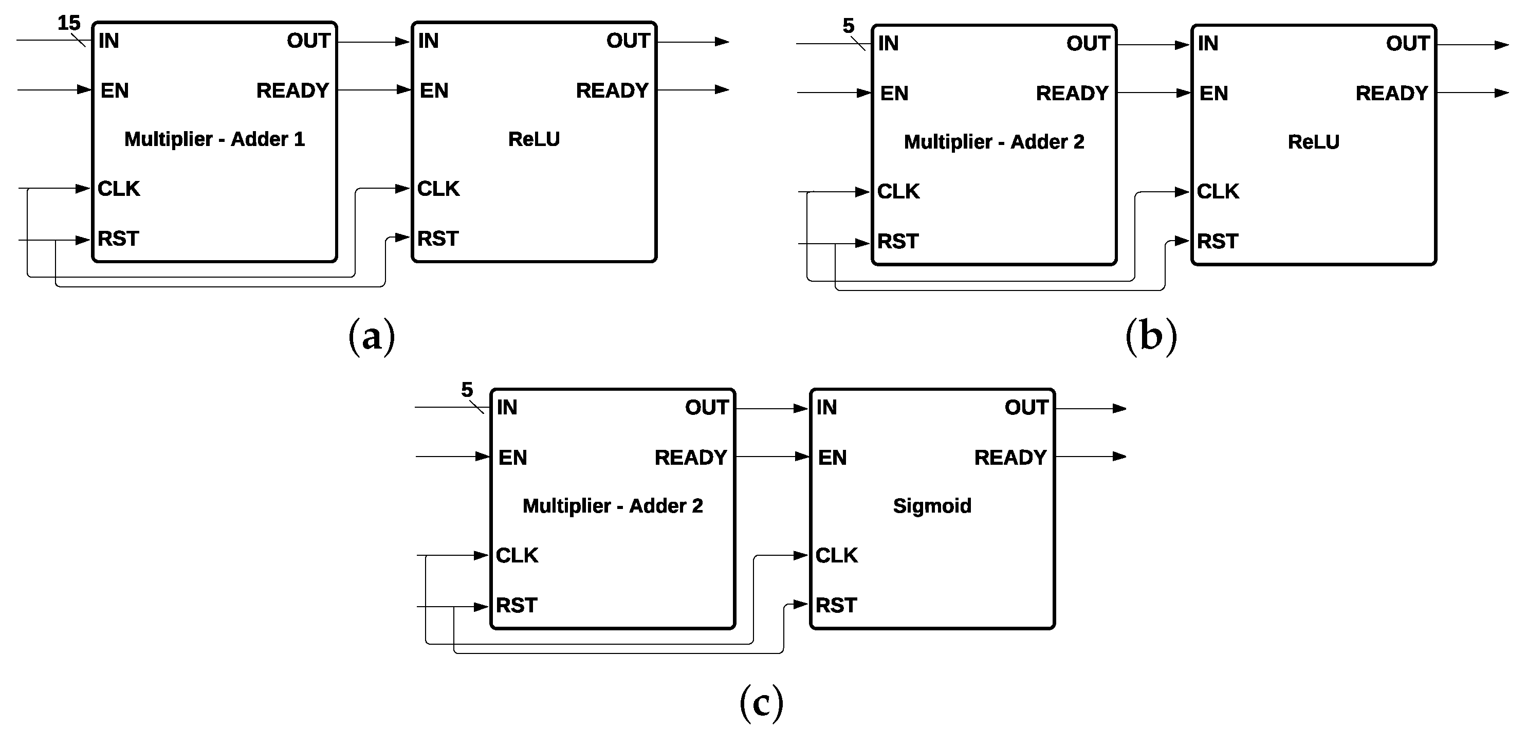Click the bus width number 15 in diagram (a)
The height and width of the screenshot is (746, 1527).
tap(69, 23)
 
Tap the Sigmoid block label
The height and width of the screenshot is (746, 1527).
tap(932, 506)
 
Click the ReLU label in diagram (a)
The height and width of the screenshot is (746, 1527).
tap(533, 139)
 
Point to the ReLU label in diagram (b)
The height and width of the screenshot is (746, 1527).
tap(1313, 142)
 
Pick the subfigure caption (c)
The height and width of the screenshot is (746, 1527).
tap(762, 703)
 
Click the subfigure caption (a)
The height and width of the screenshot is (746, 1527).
tap(371, 337)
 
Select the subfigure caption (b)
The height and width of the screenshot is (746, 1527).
tap(1151, 337)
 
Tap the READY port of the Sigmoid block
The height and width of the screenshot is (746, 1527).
tap(1010, 457)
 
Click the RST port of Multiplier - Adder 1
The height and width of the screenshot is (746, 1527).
tap(118, 239)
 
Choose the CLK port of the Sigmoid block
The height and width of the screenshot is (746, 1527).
tap(836, 556)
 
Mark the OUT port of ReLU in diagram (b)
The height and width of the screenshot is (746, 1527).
tap(1407, 43)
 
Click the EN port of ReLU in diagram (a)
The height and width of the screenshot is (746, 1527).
tap(434, 90)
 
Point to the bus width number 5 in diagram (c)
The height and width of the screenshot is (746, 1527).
tap(467, 390)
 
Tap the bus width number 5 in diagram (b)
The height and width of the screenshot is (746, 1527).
tap(848, 26)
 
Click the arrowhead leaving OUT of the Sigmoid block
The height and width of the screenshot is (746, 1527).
tap(1119, 409)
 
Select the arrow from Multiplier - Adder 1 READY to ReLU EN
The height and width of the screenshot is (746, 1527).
tap(374, 90)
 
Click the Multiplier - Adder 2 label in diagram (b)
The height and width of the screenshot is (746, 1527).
tap(994, 142)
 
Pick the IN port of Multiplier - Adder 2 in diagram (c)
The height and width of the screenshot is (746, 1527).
tap(507, 407)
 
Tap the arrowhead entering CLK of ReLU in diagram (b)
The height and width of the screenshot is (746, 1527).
tap(1182, 192)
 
